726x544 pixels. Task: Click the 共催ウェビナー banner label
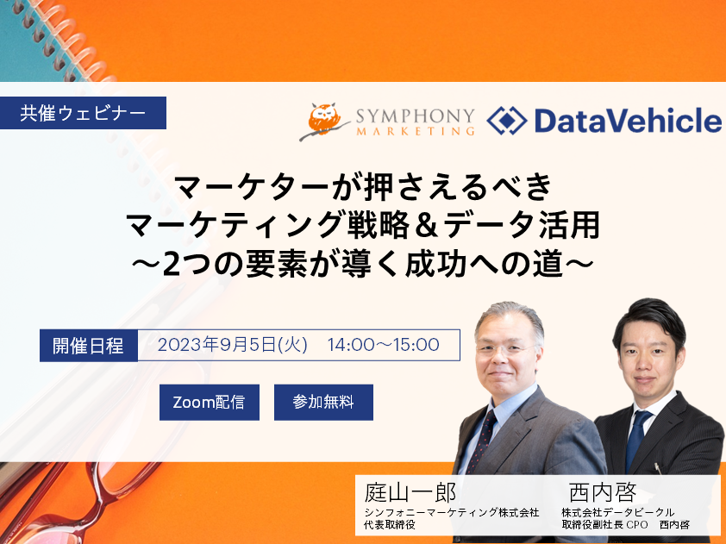83,113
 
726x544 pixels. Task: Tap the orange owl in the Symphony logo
325,120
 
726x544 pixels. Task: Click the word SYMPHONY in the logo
416,116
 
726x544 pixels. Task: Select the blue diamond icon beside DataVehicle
506,121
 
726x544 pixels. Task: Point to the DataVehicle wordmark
628,121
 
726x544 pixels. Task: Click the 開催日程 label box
89,346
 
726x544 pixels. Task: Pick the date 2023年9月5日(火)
233,345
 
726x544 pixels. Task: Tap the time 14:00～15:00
384,345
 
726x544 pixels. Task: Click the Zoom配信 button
210,403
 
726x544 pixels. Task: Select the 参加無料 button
323,403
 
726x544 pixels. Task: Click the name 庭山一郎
410,491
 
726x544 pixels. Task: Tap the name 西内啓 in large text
603,491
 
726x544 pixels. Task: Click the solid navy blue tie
636,440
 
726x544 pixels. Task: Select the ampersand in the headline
427,226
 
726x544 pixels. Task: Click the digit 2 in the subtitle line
172,265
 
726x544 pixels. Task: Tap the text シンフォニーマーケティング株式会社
452,512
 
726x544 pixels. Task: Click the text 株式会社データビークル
617,512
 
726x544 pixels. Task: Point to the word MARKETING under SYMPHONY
416,131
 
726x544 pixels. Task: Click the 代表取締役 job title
390,525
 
